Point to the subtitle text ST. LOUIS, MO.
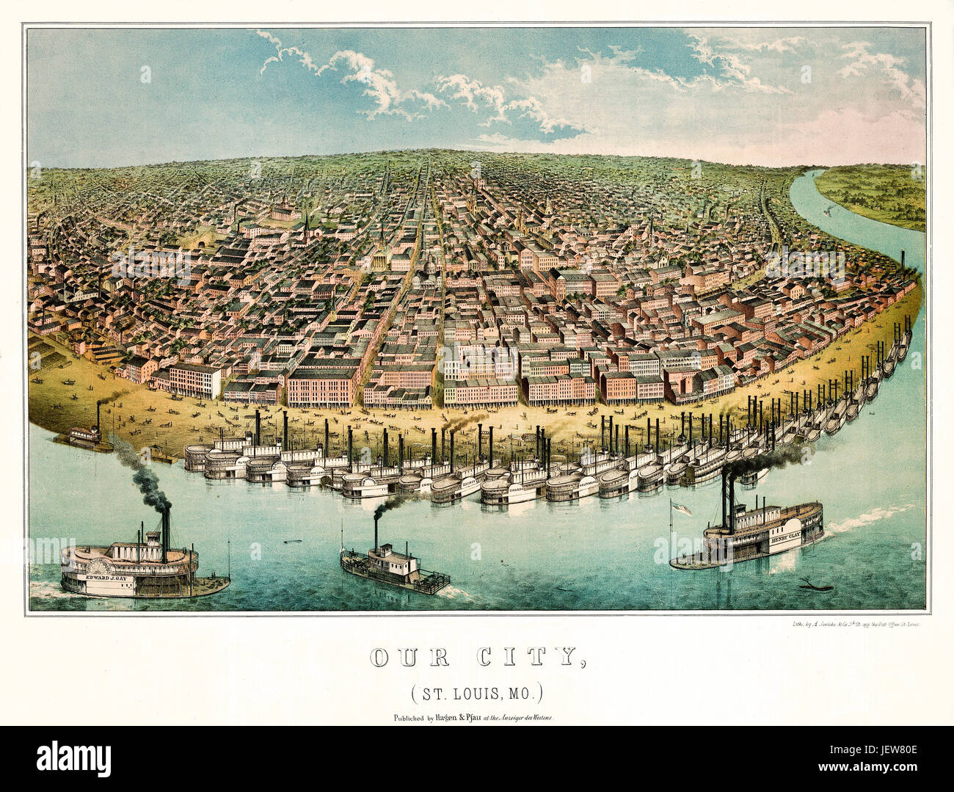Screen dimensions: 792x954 pyautogui.click(x=476, y=691)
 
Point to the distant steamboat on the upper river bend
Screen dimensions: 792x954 pyautogui.click(x=830, y=211)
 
